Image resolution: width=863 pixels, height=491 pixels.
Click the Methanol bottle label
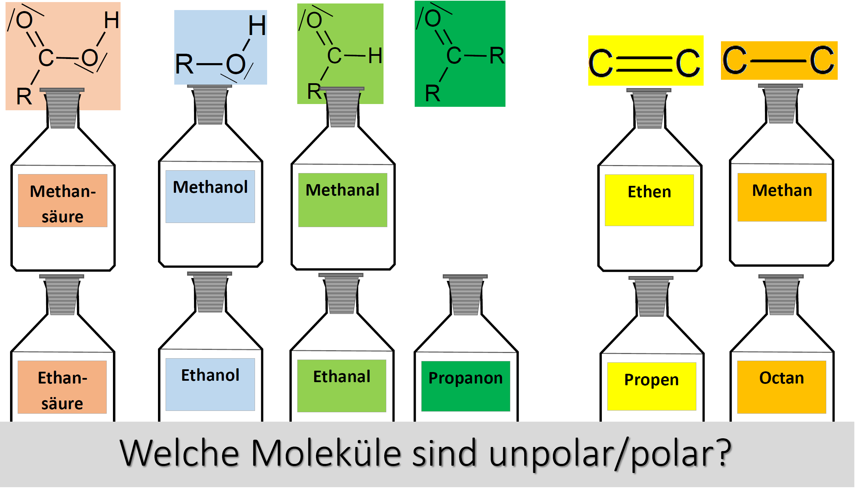click(x=210, y=197)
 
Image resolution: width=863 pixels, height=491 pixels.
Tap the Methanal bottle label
click(x=343, y=200)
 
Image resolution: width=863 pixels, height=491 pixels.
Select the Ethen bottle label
click(x=649, y=200)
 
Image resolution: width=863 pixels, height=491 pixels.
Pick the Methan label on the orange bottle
click(x=782, y=197)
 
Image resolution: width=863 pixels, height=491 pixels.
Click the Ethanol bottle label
click(x=210, y=385)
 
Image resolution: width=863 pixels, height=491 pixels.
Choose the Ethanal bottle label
click(x=342, y=386)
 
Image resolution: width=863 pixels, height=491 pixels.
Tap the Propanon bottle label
click(x=466, y=386)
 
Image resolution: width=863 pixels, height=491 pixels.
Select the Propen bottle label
click(x=652, y=387)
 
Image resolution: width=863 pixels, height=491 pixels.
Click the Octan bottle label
click(x=782, y=387)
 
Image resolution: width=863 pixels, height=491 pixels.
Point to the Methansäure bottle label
click(x=63, y=201)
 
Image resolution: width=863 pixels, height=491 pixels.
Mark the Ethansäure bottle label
click(x=62, y=387)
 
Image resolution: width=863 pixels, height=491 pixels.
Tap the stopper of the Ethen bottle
click(x=649, y=109)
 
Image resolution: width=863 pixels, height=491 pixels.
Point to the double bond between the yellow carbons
click(x=645, y=64)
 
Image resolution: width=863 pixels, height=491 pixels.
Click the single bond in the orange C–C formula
click(x=778, y=61)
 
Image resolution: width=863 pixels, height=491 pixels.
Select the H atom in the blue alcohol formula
click(x=257, y=26)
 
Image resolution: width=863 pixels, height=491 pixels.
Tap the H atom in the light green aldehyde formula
click(x=375, y=56)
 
